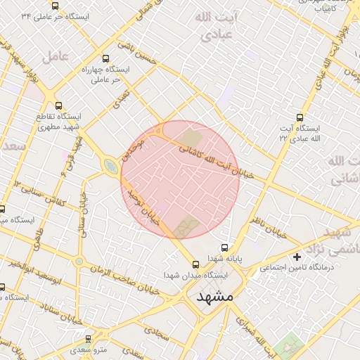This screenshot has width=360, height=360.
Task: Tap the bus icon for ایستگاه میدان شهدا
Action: pyautogui.click(x=196, y=264)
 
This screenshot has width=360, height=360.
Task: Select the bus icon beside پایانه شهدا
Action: pyautogui.click(x=225, y=247)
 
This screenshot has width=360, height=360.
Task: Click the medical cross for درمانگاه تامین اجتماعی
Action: pyautogui.click(x=297, y=257)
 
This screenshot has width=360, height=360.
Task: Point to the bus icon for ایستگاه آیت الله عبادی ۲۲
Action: pyautogui.click(x=300, y=117)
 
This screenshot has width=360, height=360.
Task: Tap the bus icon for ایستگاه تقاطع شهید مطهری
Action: pyautogui.click(x=58, y=105)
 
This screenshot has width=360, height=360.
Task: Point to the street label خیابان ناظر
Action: pyautogui.click(x=270, y=226)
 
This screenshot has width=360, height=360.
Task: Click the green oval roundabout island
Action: pyautogui.click(x=110, y=166)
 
